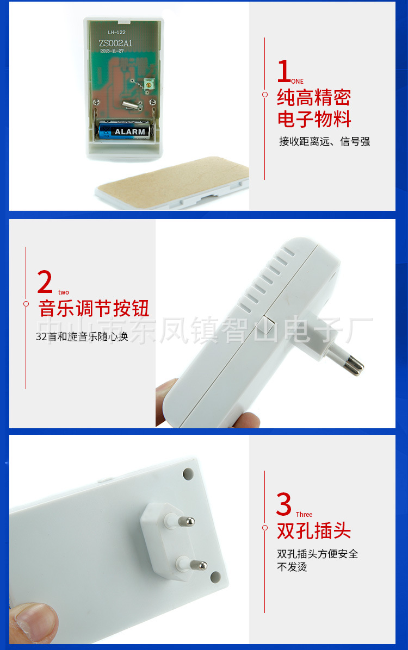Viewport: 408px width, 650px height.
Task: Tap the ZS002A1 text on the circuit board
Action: [116, 43]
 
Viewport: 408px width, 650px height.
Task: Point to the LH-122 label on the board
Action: [109, 33]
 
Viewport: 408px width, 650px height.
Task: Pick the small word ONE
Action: [298, 82]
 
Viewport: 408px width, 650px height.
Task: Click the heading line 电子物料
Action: [314, 119]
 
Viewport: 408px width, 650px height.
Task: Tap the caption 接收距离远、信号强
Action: [324, 142]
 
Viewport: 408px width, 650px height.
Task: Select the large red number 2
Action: [45, 282]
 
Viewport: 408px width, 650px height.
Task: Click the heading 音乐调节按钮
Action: [94, 308]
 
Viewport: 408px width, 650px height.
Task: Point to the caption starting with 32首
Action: [82, 337]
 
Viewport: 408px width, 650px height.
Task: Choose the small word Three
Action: [304, 515]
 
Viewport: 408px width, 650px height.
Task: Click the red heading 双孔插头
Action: [314, 531]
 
